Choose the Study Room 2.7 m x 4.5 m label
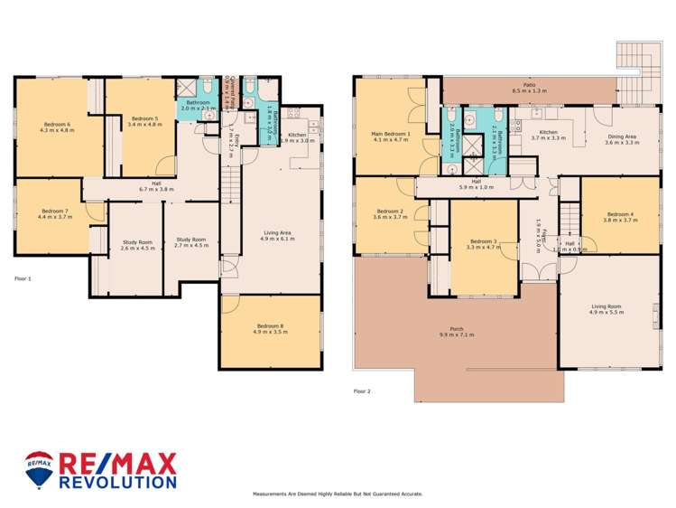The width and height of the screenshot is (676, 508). [192, 242]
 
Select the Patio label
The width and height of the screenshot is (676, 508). [530, 88]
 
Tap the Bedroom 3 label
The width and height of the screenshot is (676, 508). [483, 243]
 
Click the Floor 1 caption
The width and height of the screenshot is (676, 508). [23, 278]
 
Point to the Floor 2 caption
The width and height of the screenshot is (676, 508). [362, 391]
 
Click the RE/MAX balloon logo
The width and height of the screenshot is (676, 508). [39, 469]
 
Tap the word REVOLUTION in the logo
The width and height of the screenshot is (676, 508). [117, 483]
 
